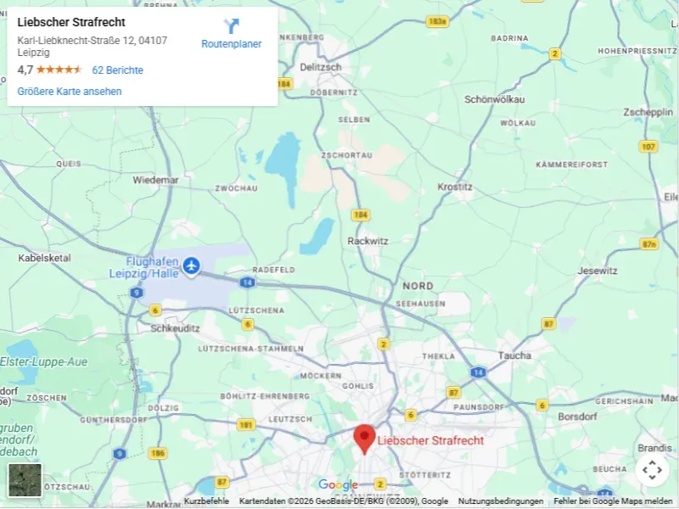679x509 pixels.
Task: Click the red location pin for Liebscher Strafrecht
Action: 364,438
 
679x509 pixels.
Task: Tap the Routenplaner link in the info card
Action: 232,35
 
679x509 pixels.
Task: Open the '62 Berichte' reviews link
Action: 117,70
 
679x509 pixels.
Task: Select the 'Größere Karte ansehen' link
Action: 70,92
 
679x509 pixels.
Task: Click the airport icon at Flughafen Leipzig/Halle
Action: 191,266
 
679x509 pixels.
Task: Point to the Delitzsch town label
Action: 320,67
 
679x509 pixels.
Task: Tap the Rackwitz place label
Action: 368,241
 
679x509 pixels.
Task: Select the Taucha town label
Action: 514,355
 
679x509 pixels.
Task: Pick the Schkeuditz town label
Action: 174,327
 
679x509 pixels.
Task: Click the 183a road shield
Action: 437,21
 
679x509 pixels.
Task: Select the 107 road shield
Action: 648,147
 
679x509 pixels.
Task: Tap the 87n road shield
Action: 649,244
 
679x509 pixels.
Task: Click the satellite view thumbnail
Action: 25,480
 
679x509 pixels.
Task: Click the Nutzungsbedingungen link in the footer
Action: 501,501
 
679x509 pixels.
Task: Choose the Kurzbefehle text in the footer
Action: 206,501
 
